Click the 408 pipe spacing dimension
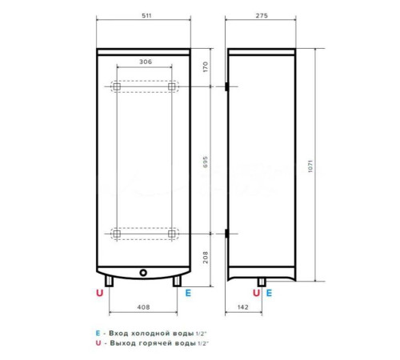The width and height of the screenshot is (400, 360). tap(143, 307)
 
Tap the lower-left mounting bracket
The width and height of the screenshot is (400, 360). tap(116, 234)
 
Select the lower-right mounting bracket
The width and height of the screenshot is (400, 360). tap(171, 234)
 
